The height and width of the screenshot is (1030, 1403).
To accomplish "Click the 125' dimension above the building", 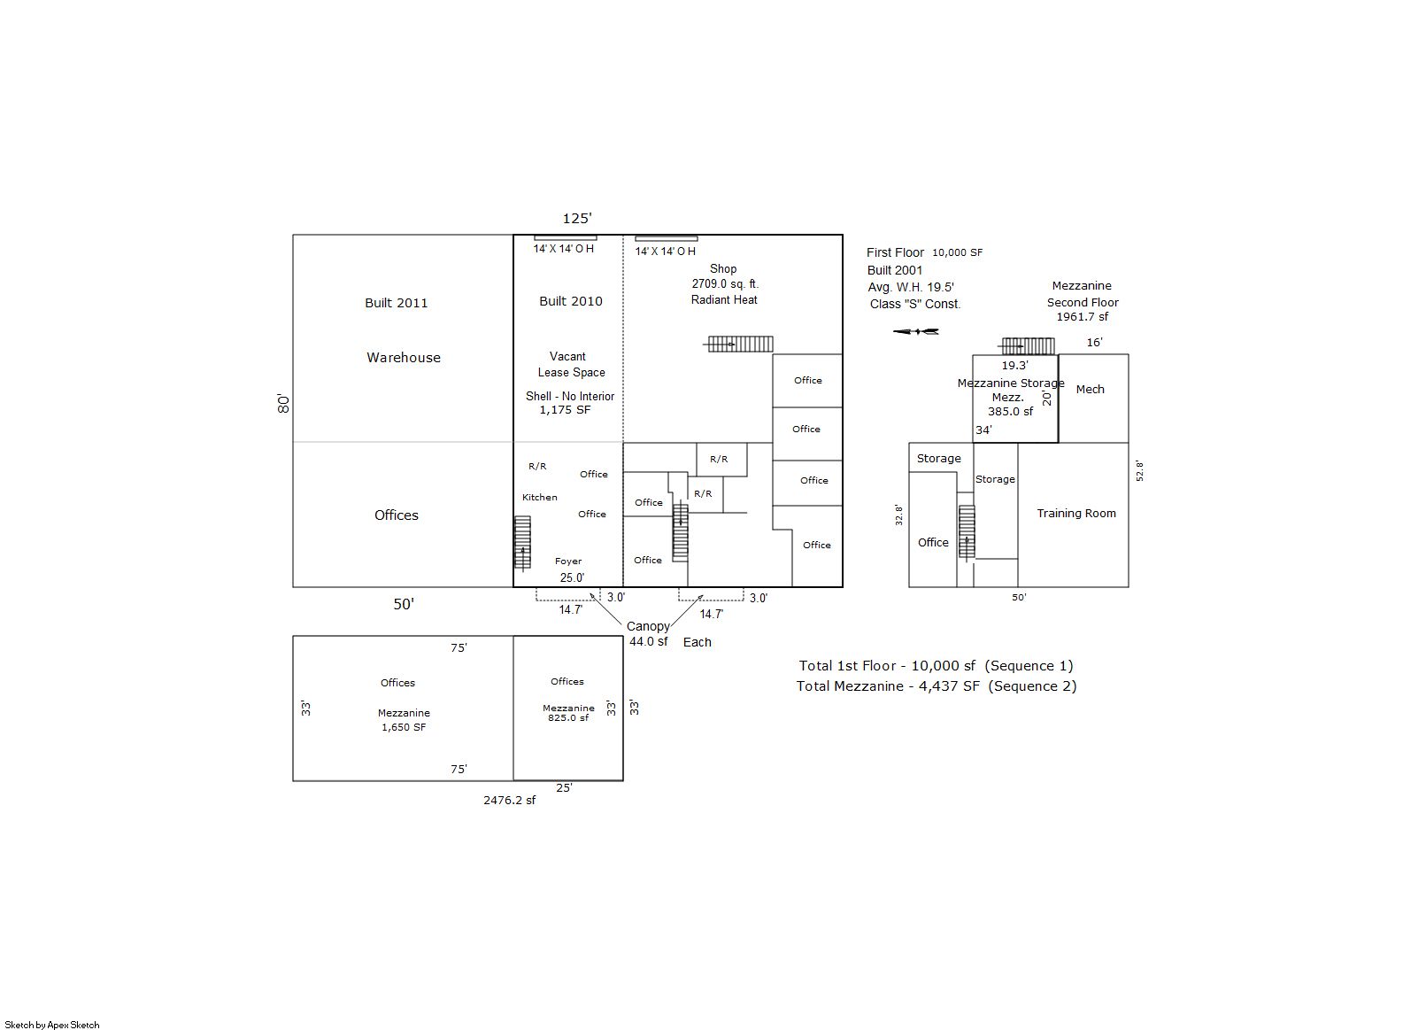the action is click(x=577, y=218).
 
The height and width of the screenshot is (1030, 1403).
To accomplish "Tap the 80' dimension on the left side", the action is click(x=283, y=404).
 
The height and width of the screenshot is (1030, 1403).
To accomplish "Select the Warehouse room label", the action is click(x=404, y=357).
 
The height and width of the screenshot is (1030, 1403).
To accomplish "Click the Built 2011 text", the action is click(x=396, y=303).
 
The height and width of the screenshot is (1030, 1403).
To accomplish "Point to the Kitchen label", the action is click(x=539, y=497).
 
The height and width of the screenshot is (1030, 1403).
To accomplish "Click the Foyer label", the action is click(x=568, y=561).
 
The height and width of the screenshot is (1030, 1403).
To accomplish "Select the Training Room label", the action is click(x=1076, y=513).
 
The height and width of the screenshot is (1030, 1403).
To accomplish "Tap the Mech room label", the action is click(x=1090, y=389).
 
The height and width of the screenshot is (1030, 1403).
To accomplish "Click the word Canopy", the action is click(x=648, y=626).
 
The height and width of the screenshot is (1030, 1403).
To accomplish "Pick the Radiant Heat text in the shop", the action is click(x=724, y=299).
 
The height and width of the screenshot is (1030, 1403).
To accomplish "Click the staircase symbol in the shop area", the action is click(x=740, y=344).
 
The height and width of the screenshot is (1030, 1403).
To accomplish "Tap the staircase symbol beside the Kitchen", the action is click(x=522, y=543).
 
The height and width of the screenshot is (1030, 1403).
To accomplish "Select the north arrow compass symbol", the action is click(x=915, y=331).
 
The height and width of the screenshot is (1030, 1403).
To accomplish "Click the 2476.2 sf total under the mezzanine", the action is click(x=509, y=800).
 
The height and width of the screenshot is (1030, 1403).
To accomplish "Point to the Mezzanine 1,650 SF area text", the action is click(x=404, y=720).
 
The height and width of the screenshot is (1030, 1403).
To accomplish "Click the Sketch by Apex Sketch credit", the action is click(x=52, y=1025).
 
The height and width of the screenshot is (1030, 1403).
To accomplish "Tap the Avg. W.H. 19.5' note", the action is click(x=911, y=287).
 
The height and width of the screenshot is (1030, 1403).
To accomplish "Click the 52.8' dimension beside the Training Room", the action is click(x=1139, y=471).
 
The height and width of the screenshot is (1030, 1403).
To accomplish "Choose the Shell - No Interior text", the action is click(x=570, y=396).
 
